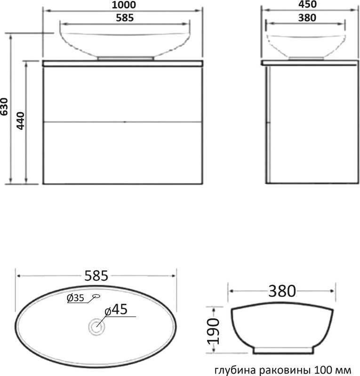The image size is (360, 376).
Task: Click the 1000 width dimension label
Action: [x=124, y=5]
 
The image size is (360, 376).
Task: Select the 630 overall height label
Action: [x=4, y=107]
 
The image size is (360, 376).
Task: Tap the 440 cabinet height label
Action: [x=20, y=121]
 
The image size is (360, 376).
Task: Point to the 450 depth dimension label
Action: [x=307, y=4]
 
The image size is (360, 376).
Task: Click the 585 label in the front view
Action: [x=125, y=18]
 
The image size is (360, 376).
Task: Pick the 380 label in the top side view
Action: [x=307, y=18]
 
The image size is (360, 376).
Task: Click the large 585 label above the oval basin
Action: [x=96, y=276]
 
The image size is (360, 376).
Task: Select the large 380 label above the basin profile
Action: [x=282, y=291]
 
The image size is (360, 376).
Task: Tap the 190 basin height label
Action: [x=214, y=331]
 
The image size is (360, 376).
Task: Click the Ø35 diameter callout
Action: [x=75, y=298]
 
